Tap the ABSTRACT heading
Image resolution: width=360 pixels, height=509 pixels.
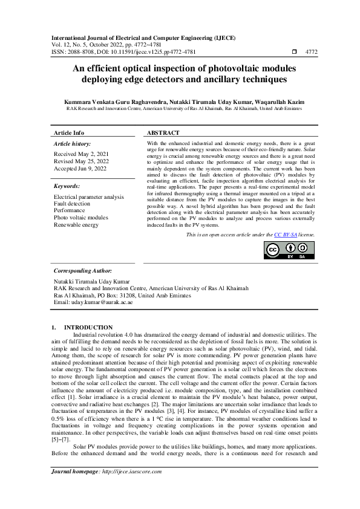click(x=163, y=132)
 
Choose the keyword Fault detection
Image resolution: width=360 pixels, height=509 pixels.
click(x=71, y=204)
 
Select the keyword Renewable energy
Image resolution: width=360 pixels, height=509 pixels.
click(x=76, y=224)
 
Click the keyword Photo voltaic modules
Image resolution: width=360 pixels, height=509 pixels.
click(x=80, y=218)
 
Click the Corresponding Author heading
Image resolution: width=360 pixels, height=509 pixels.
click(x=83, y=271)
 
